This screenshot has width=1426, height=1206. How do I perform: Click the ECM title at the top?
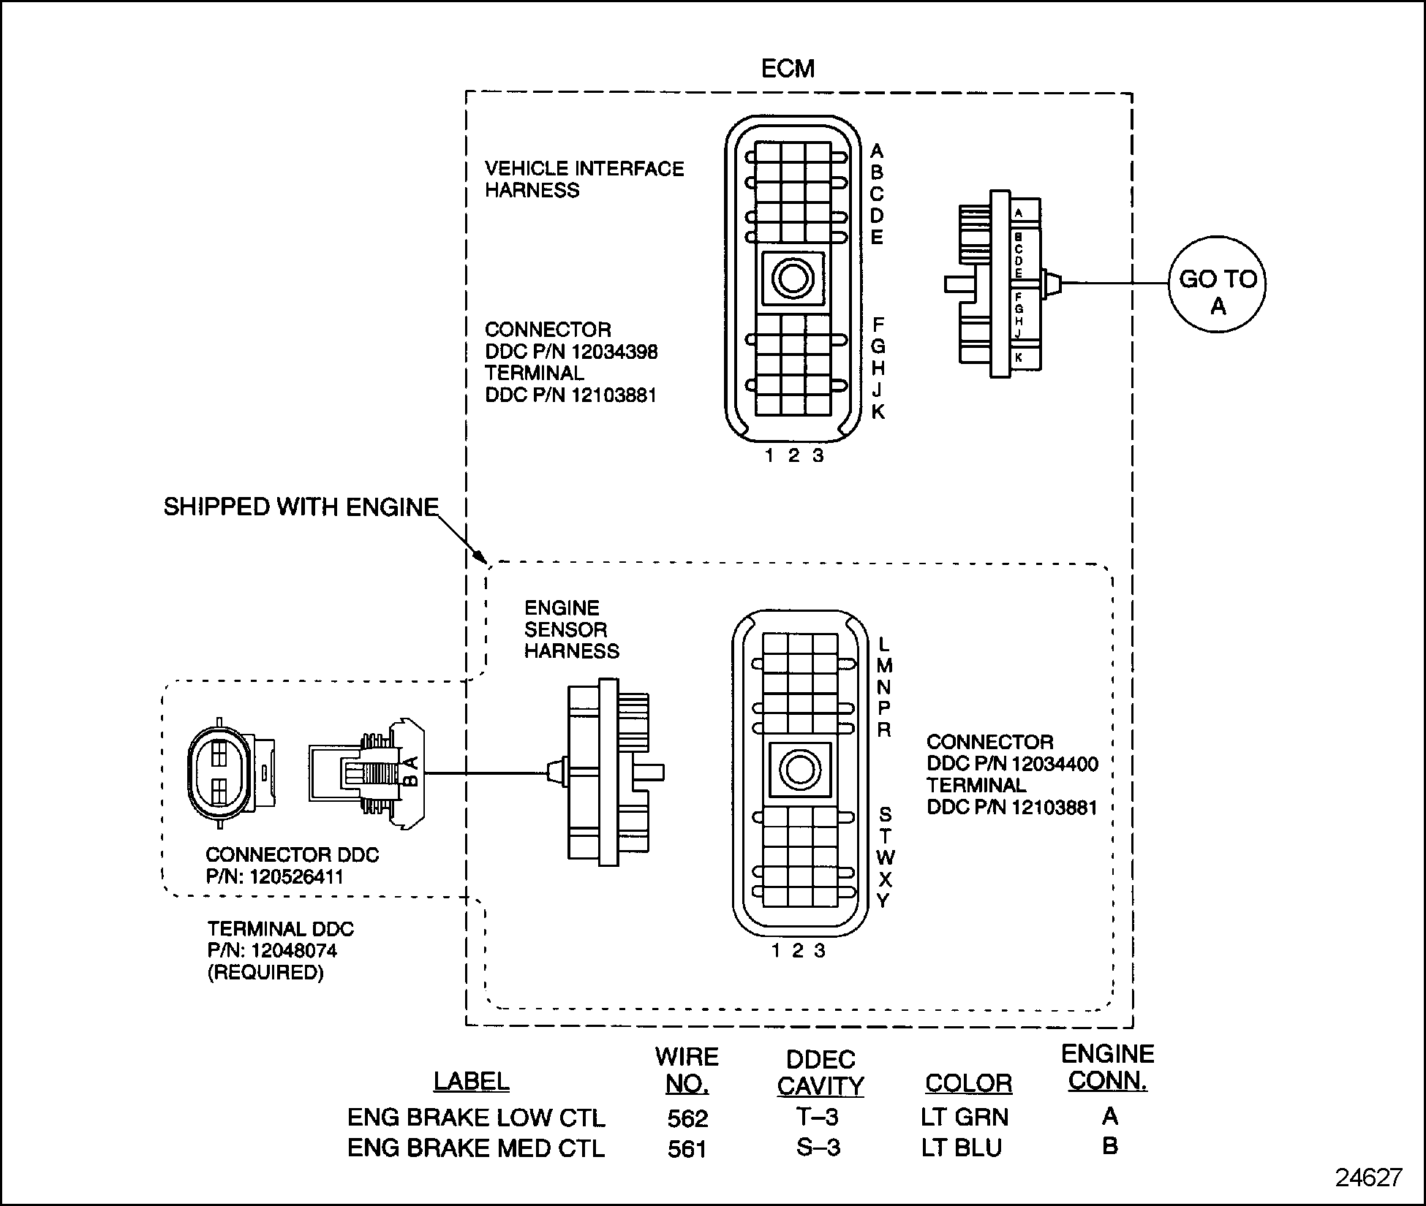point(787,69)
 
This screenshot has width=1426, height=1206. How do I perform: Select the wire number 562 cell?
point(687,1118)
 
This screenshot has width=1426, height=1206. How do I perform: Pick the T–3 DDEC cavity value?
point(818,1117)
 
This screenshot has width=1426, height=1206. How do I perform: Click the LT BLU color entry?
point(961,1148)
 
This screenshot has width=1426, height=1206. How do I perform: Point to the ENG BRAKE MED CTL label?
point(476,1148)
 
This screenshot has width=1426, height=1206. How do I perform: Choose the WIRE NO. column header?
point(687,1070)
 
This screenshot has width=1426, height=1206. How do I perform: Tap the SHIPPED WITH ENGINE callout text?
point(301,507)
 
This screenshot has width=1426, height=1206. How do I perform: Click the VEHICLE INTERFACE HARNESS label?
point(584,179)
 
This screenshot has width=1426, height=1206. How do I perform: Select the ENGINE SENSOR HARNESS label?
point(571,629)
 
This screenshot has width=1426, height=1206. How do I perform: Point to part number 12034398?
point(615,352)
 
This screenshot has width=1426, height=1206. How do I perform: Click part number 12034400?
point(1055,764)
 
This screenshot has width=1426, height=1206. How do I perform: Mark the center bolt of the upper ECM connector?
point(793,278)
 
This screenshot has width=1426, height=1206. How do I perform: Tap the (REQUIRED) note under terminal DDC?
point(265,973)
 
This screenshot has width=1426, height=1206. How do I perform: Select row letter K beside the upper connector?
point(878,412)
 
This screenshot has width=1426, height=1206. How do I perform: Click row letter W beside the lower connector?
point(885,857)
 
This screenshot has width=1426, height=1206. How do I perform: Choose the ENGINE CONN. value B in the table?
point(1109,1147)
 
